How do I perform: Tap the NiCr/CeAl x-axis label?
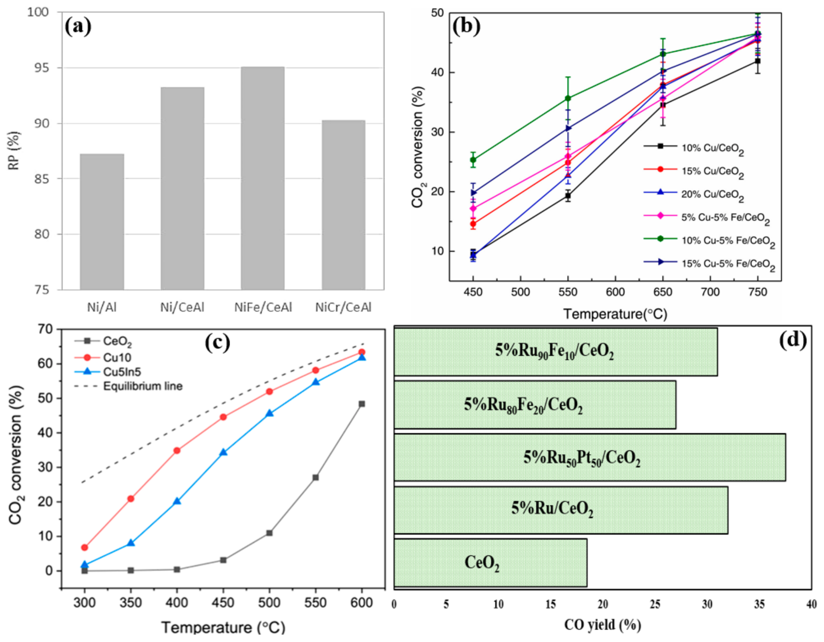point(343,307)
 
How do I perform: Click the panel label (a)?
point(78,27)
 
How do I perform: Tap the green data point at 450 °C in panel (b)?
point(473,160)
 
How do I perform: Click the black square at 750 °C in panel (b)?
point(757,61)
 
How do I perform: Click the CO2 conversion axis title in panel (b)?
point(418,147)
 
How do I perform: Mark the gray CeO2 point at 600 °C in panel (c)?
point(362,404)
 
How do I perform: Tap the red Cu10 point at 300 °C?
point(84,547)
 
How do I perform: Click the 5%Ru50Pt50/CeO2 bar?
point(589,457)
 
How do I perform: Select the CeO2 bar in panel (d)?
point(490,562)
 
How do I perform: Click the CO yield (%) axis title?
point(602,625)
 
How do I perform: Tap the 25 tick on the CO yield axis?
point(655,604)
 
